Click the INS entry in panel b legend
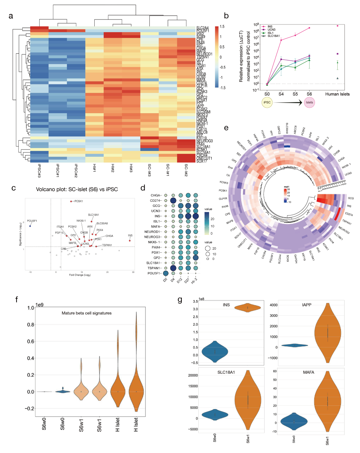coord(270,27)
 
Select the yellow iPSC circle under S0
coord(267,102)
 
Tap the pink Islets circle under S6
coord(309,102)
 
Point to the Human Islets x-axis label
coord(337,94)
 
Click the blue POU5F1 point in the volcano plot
coord(30,226)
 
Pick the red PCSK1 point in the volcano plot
coord(71,201)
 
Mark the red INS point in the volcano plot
coord(130,240)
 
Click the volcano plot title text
coord(77,189)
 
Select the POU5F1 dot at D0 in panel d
coord(166,273)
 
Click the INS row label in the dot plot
coord(157,216)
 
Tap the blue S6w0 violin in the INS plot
coord(215,351)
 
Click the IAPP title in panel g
coord(307,305)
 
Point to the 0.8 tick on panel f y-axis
coord(31,325)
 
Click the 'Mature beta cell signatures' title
coord(86,313)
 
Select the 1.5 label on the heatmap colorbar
coord(222,27)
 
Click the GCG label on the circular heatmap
coord(351,198)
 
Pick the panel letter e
coord(226,128)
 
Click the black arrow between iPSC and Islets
coord(288,103)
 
